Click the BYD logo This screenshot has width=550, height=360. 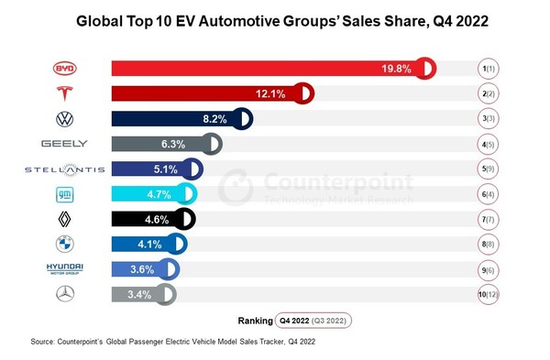tap(64, 69)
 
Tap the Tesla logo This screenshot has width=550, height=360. tap(64, 93)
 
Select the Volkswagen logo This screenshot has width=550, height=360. tap(64, 119)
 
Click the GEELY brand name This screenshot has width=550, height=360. tap(64, 144)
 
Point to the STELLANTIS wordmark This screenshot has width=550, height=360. tap(64, 169)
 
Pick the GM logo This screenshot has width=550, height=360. tap(64, 193)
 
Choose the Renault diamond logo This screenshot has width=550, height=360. tap(64, 218)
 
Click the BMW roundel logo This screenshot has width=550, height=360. tap(64, 244)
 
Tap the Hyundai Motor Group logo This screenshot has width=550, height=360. tap(64, 268)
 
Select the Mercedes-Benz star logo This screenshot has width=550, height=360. tap(64, 293)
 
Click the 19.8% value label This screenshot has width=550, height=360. tap(398, 69)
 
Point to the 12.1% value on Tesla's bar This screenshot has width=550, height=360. tap(276, 93)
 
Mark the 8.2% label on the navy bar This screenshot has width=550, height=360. tap(214, 119)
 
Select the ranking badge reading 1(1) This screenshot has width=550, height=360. tap(488, 69)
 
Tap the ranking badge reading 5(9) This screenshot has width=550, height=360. tap(488, 169)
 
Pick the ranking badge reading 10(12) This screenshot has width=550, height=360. tap(488, 293)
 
